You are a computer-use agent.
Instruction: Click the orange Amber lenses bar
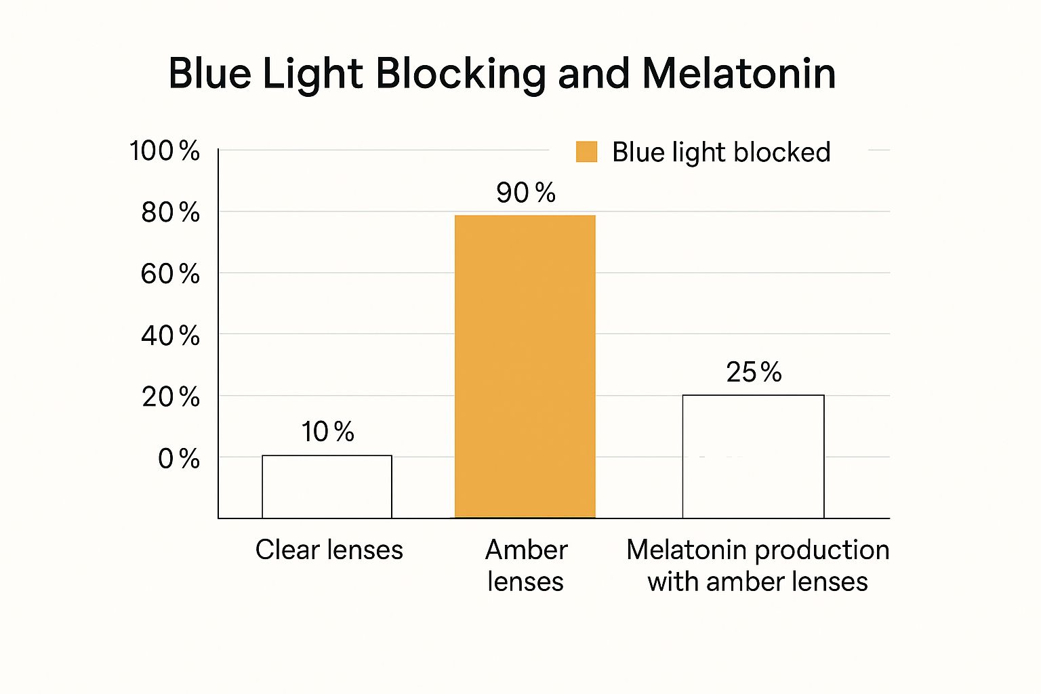pos(525,367)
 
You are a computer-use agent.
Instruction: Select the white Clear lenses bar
pos(327,487)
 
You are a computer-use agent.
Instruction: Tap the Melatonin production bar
pos(753,456)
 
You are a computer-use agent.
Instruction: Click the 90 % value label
pos(525,193)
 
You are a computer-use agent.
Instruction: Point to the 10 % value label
pos(327,432)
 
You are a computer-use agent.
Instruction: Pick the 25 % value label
pos(754,372)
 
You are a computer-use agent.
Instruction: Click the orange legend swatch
pos(586,152)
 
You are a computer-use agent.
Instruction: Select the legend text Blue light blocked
pos(720,152)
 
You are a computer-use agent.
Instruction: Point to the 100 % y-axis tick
pos(165,150)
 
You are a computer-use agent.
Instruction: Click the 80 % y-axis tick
pos(170,213)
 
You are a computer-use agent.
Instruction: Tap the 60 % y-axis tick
pos(170,274)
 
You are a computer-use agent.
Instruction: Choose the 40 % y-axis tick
pos(170,335)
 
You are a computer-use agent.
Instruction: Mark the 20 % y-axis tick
pos(170,397)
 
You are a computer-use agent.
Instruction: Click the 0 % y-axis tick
pos(178,459)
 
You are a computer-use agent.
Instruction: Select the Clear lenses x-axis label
pos(329,550)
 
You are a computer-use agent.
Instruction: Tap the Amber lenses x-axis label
pos(525,565)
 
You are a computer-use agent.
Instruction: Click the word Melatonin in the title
pos(739,73)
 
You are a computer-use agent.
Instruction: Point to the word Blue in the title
pos(209,73)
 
